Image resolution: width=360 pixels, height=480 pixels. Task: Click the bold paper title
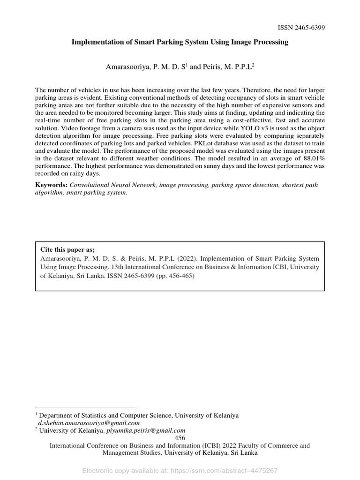(180, 42)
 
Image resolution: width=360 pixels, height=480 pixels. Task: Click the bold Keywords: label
(52, 185)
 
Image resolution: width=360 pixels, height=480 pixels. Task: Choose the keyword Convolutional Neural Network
(113, 185)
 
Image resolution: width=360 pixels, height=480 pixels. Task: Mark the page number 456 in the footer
(180, 438)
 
